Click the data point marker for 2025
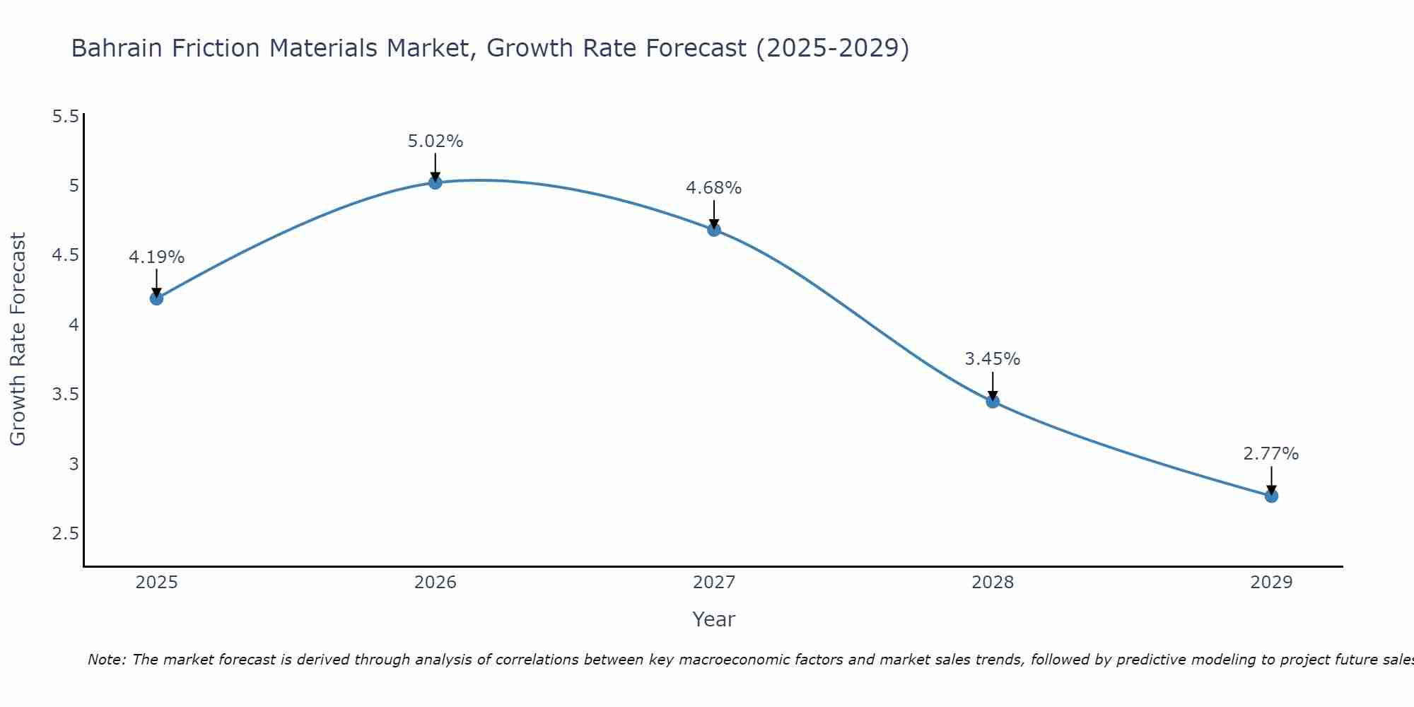pyautogui.click(x=156, y=298)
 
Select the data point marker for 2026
pyautogui.click(x=436, y=182)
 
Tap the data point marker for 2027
pyautogui.click(x=714, y=230)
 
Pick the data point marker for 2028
pyautogui.click(x=993, y=402)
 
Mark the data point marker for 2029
pyautogui.click(x=1271, y=496)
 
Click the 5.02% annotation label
pyautogui.click(x=436, y=141)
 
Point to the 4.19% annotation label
pyautogui.click(x=156, y=257)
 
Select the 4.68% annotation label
pyautogui.click(x=714, y=188)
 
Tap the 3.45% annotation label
pyautogui.click(x=993, y=359)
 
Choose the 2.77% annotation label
pyautogui.click(x=1271, y=454)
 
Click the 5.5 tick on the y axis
pyautogui.click(x=65, y=117)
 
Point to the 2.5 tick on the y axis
pyautogui.click(x=65, y=534)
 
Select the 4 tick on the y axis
pyautogui.click(x=74, y=325)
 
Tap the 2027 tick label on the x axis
pyautogui.click(x=714, y=583)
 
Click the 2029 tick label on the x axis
pyautogui.click(x=1271, y=583)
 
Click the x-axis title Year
pyautogui.click(x=714, y=619)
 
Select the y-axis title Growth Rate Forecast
pyautogui.click(x=18, y=339)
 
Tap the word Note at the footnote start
pyautogui.click(x=106, y=660)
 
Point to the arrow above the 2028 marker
pyautogui.click(x=993, y=387)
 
